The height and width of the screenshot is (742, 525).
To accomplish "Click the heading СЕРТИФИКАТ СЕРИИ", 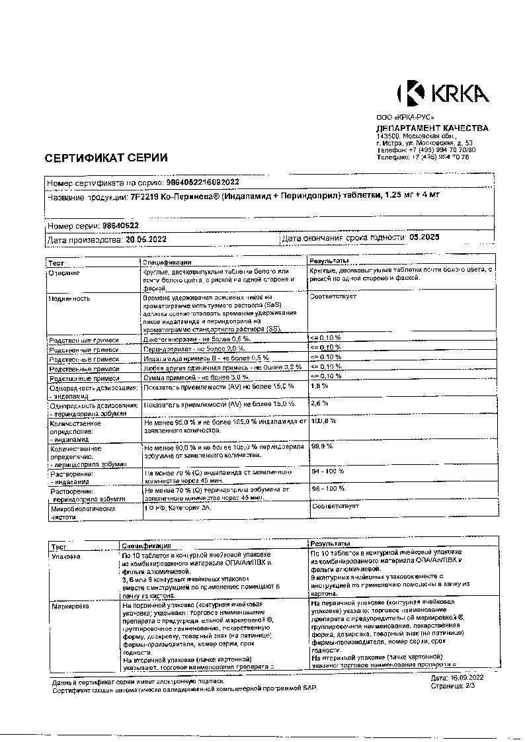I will (106, 157).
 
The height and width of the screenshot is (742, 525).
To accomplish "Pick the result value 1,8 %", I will (320, 385).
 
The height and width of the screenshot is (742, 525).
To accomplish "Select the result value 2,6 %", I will (320, 403).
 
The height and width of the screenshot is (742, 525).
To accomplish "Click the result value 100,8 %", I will (323, 421).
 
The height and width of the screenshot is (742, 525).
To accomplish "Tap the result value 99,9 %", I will (322, 446).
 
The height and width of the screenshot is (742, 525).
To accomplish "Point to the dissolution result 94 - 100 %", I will (328, 472).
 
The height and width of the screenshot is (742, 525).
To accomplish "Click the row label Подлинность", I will (70, 298).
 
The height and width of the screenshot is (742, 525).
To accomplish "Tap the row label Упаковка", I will (66, 557).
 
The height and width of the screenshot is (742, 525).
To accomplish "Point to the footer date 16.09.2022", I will (467, 679).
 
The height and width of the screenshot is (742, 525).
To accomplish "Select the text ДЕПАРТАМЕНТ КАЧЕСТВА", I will (432, 128).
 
